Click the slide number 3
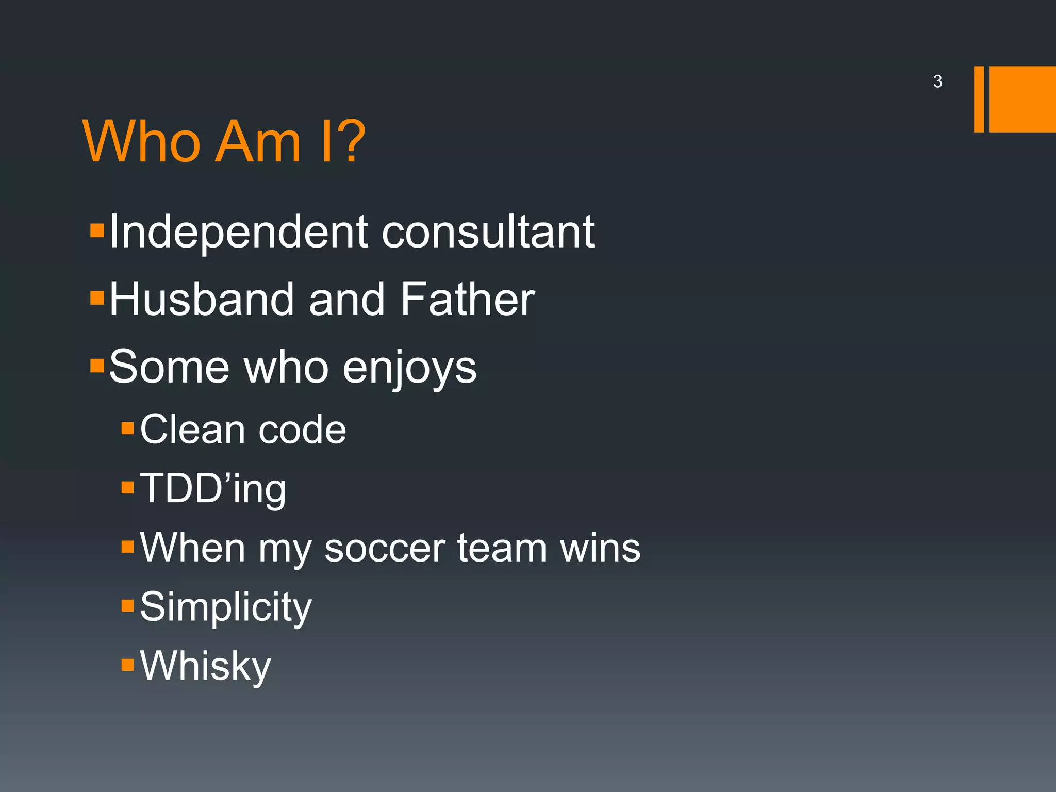(x=937, y=81)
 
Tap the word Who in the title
(x=141, y=142)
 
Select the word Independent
(x=238, y=233)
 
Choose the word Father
(x=467, y=300)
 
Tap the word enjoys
(x=410, y=369)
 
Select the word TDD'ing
(x=212, y=489)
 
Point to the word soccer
(x=384, y=548)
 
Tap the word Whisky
(x=205, y=667)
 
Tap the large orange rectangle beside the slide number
(x=1022, y=99)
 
